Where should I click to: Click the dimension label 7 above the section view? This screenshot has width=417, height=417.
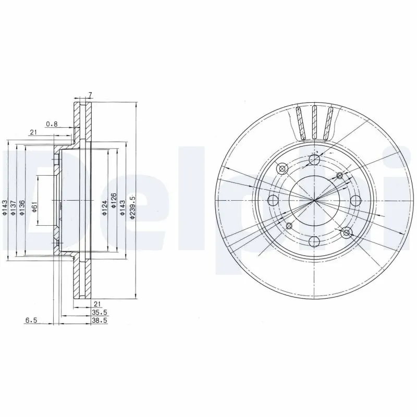(x=90, y=95)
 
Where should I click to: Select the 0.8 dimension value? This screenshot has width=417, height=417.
(x=52, y=124)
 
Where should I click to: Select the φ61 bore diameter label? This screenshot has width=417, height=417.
(x=34, y=207)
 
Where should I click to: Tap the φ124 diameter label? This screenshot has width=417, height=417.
(x=105, y=207)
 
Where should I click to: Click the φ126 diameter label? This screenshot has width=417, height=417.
(x=114, y=207)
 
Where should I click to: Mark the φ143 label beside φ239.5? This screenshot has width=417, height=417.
(x=123, y=207)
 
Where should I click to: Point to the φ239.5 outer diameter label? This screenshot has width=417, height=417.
(x=133, y=207)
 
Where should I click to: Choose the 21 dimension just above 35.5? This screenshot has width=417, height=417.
(x=96, y=303)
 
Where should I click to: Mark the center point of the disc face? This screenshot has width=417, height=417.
(x=314, y=200)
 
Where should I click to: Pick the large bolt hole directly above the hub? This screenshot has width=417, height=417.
(x=314, y=160)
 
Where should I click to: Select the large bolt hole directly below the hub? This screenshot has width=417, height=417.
(x=314, y=241)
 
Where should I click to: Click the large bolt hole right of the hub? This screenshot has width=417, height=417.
(x=355, y=201)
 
